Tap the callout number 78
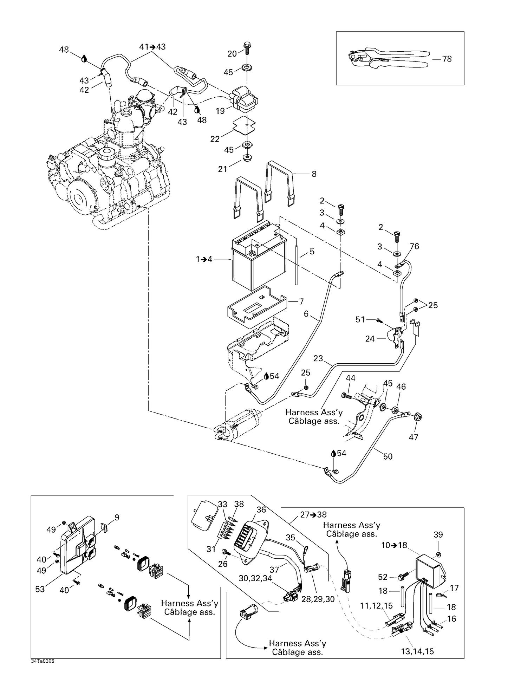tap(447, 59)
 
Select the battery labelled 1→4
tap(258, 260)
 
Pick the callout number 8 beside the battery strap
tap(314, 174)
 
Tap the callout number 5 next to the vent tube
tap(312, 252)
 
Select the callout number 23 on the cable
tap(318, 358)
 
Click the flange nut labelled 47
tap(418, 417)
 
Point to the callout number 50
tap(388, 456)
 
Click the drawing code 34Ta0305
tap(43, 661)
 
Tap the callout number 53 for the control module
tap(40, 589)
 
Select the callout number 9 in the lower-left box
tap(117, 517)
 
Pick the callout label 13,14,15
tap(417, 651)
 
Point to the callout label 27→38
tap(313, 515)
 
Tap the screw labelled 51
tap(378, 320)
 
